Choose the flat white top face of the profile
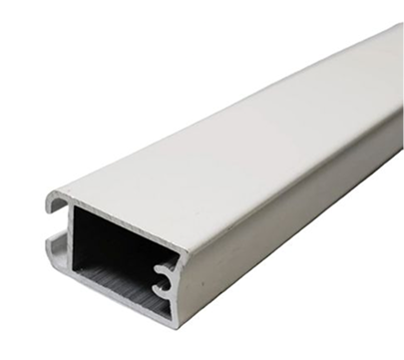coord(229,120)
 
